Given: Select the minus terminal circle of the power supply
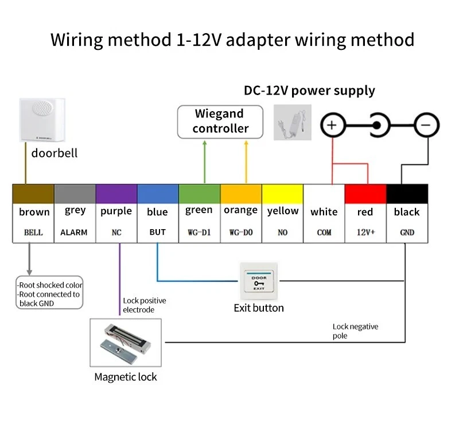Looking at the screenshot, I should tap(426, 124).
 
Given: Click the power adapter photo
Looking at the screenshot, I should tap(292, 122).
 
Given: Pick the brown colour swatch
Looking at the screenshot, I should tap(33, 194).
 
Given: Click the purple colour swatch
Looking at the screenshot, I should tap(116, 194).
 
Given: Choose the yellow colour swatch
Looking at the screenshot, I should tap(282, 194).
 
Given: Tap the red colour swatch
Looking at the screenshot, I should tap(365, 194).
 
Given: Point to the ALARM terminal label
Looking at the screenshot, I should tap(74, 233).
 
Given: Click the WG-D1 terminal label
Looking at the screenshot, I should tap(199, 233).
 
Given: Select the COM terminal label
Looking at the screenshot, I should tap(324, 233).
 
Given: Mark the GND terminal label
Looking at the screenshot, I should tap(407, 233).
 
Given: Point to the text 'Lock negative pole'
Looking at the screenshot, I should tap(355, 331).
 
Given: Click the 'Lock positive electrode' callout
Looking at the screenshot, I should tap(144, 305).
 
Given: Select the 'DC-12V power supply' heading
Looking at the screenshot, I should tap(309, 90).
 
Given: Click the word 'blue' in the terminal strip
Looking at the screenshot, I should tap(157, 212).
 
